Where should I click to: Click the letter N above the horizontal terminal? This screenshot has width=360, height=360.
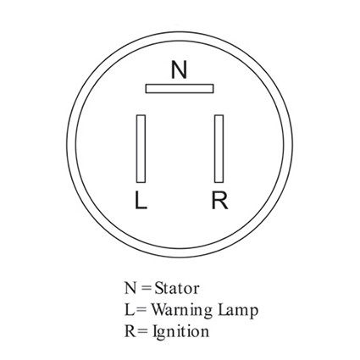coord(179,69)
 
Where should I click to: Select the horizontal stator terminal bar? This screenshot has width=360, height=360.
coord(180,88)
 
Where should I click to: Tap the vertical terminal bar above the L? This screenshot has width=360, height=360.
coord(141,148)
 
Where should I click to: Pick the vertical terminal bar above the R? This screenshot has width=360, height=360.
coord(219,148)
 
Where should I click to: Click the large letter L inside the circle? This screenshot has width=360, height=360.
coord(141,200)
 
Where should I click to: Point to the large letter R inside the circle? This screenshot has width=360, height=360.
coord(220,200)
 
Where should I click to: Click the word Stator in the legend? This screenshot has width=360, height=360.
coord(177,289)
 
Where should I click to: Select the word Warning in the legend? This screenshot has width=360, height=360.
coord(182,310)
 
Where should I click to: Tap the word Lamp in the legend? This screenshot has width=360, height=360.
coord(238,310)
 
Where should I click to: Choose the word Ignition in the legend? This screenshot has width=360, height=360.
coord(180,331)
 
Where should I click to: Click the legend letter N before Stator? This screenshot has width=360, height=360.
coord(130,289)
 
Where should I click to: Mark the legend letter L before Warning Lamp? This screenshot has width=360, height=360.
coord(129,310)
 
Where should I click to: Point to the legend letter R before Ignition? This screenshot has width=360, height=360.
coord(130,331)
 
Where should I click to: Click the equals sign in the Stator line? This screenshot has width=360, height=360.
coord(146,289)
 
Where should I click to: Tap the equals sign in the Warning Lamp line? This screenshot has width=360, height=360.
coord(142,310)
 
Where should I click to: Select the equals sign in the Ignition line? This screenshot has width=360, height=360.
coord(143,331)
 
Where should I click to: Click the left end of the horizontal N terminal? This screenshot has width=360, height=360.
coord(146,88)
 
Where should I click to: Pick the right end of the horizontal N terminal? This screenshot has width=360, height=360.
coord(213,88)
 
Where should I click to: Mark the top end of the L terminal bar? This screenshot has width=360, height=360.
coord(141,115)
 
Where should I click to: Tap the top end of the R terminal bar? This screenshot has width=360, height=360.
coord(219,115)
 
